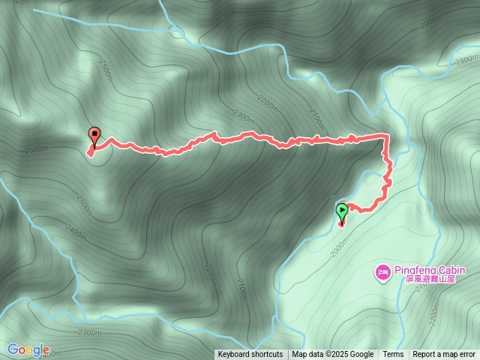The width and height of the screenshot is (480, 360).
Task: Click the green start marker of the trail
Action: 342,211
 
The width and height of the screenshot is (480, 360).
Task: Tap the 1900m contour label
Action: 466,58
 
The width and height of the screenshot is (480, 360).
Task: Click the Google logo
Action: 28,349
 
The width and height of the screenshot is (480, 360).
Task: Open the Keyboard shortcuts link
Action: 250,355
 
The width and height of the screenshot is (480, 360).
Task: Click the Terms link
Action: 393,355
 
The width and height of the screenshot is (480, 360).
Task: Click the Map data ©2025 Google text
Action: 333,355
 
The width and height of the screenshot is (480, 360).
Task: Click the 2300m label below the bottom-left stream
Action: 89,332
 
